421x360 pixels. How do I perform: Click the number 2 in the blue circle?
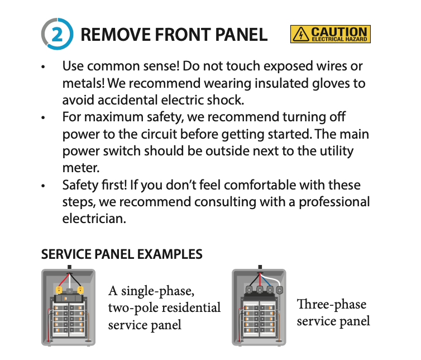pyautogui.click(x=57, y=35)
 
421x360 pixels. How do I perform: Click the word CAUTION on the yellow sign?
pyautogui.click(x=339, y=32)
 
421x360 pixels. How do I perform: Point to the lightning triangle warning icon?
pyautogui.click(x=301, y=34)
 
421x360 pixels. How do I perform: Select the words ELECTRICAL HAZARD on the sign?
pyautogui.click(x=339, y=39)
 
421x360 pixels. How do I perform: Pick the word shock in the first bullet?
pyautogui.click(x=229, y=100)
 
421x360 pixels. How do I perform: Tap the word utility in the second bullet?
pyautogui.click(x=337, y=151)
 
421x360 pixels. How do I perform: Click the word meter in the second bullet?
pyautogui.click(x=81, y=168)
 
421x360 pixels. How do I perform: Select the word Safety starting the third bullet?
pyautogui.click(x=80, y=185)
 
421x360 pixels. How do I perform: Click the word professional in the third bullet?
pyautogui.click(x=334, y=202)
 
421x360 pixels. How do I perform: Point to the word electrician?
pyautogui.click(x=94, y=219)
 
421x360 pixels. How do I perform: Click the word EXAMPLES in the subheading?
pyautogui.click(x=170, y=254)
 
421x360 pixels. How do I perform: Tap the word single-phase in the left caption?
pyautogui.click(x=157, y=291)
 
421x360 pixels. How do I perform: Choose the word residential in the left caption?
pyautogui.click(x=192, y=308)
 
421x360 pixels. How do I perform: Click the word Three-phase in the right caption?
pyautogui.click(x=331, y=305)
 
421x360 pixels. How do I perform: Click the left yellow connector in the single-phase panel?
pyautogui.click(x=59, y=290)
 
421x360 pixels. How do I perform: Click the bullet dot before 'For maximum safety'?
pyautogui.click(x=43, y=117)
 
